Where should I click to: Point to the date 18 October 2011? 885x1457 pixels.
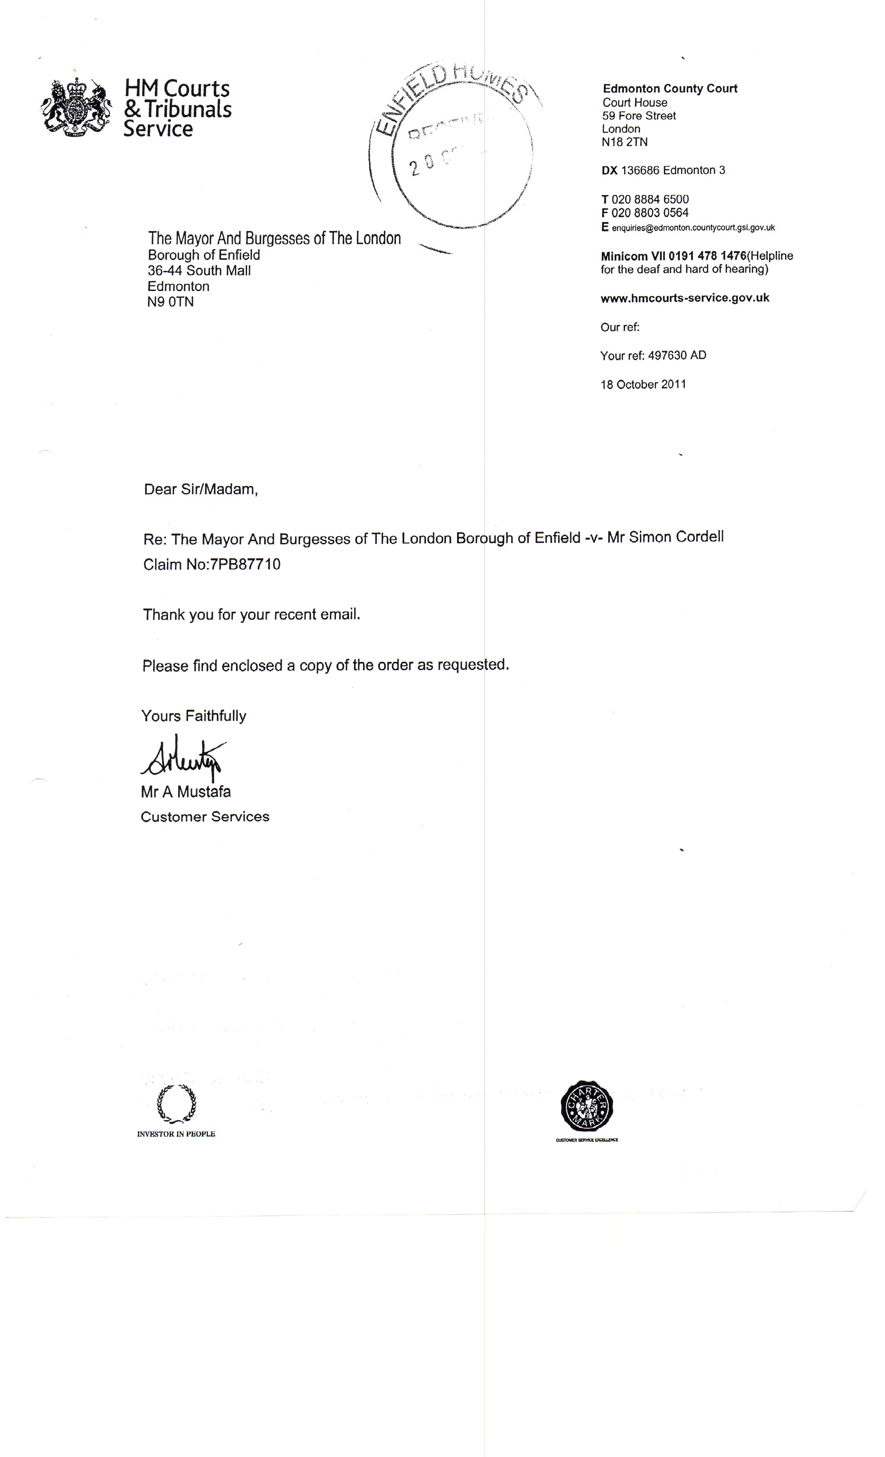click(643, 384)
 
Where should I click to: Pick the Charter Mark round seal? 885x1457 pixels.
click(586, 1106)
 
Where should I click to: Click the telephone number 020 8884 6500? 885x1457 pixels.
click(650, 199)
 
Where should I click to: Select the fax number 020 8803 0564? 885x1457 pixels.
click(650, 213)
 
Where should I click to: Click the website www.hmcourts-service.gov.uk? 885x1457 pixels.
click(684, 298)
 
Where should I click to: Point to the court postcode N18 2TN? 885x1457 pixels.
click(625, 142)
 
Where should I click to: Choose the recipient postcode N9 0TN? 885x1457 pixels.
click(170, 302)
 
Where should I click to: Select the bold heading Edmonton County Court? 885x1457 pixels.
click(670, 89)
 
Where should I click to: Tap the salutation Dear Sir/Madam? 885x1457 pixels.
click(201, 489)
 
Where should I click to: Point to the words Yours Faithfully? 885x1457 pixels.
click(193, 716)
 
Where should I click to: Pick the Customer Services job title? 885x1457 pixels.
click(205, 817)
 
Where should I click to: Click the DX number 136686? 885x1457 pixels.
click(641, 170)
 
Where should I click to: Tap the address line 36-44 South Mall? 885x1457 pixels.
click(199, 271)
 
